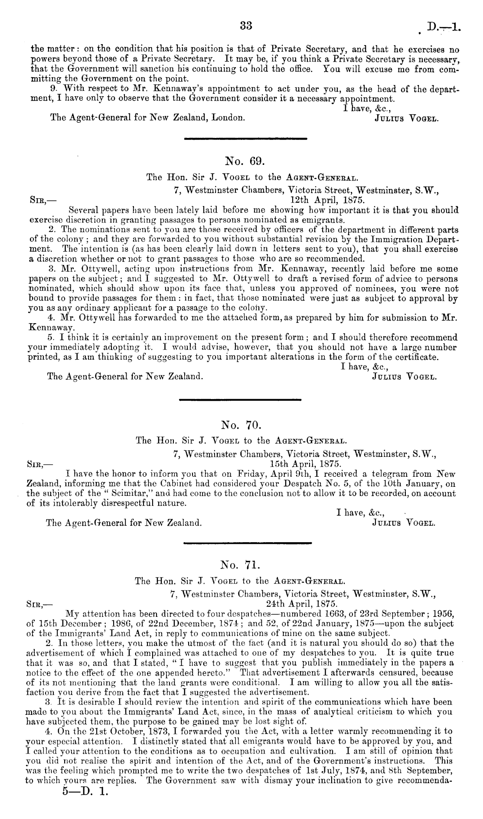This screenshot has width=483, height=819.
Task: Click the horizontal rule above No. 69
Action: coord(245,138)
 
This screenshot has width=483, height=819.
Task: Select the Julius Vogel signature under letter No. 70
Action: coord(404,523)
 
